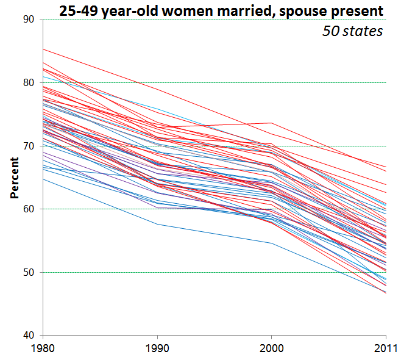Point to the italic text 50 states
(x=352, y=31)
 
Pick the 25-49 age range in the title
(x=76, y=10)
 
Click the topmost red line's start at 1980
(x=43, y=49)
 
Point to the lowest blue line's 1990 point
(x=157, y=224)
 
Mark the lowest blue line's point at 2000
(x=272, y=243)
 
